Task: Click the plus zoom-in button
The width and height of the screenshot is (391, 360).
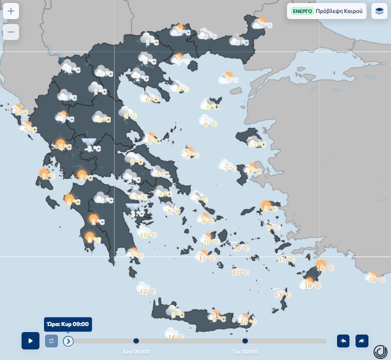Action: (x=11, y=11)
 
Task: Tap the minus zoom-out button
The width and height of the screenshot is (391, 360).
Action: (x=11, y=32)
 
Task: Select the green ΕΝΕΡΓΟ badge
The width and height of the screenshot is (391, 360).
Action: (x=302, y=11)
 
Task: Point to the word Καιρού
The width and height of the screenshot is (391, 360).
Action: (x=354, y=11)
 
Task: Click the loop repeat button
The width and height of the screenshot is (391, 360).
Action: (x=51, y=341)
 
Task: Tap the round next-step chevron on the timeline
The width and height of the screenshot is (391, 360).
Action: (x=68, y=341)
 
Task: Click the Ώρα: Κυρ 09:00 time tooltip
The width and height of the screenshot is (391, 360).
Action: (x=67, y=324)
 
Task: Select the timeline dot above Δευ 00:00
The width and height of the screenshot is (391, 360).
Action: (x=136, y=341)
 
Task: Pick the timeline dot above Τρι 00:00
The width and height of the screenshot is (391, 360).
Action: (x=245, y=341)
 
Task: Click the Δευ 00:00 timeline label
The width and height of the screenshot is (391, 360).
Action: (x=136, y=351)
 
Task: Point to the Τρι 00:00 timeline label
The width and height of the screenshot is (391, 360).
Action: (x=245, y=351)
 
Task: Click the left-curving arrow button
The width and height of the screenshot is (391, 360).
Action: (x=343, y=341)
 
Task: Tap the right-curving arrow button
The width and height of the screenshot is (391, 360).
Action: (x=361, y=341)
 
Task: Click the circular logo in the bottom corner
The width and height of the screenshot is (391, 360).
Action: (x=381, y=350)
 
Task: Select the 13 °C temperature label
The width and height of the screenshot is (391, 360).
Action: (x=282, y=295)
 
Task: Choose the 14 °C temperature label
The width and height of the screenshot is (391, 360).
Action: (x=176, y=337)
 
